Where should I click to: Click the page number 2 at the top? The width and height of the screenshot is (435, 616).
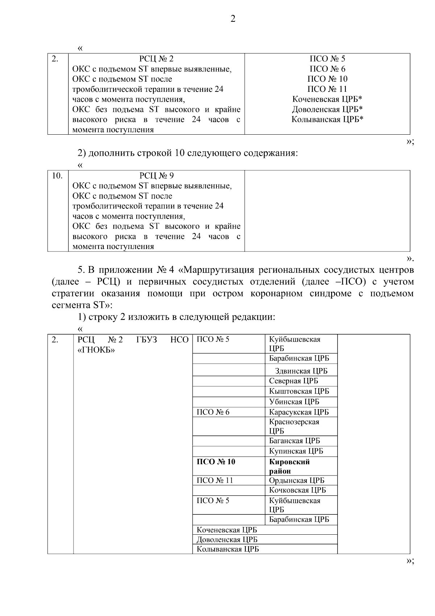click(x=233, y=19)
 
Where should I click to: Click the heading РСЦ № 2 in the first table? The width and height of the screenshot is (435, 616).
click(x=156, y=59)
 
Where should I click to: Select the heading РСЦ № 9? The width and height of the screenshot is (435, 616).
click(x=156, y=176)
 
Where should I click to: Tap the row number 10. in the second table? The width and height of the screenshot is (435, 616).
click(x=57, y=176)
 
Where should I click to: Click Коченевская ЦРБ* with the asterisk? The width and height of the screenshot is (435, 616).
click(x=327, y=99)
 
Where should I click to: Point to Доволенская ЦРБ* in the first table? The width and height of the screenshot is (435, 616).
click(x=327, y=109)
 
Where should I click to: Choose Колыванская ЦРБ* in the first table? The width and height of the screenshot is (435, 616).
click(x=327, y=119)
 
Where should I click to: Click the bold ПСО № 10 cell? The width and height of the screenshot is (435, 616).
click(x=216, y=462)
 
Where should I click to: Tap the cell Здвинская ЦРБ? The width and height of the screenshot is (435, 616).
click(x=301, y=371)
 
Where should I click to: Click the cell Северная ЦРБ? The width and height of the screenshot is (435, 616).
click(x=293, y=381)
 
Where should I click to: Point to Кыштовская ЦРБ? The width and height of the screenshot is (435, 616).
click(x=299, y=391)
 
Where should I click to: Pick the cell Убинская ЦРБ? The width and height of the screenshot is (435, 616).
click(x=294, y=402)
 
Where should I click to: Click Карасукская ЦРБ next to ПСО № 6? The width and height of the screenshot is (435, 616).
click(x=299, y=412)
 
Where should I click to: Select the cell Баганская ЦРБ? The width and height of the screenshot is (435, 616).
click(x=294, y=441)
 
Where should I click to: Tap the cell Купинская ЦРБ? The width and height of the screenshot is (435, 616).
click(x=296, y=451)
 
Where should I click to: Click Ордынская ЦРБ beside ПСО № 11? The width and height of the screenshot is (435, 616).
click(x=297, y=480)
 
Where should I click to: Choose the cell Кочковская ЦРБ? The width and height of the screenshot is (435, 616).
click(x=297, y=490)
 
